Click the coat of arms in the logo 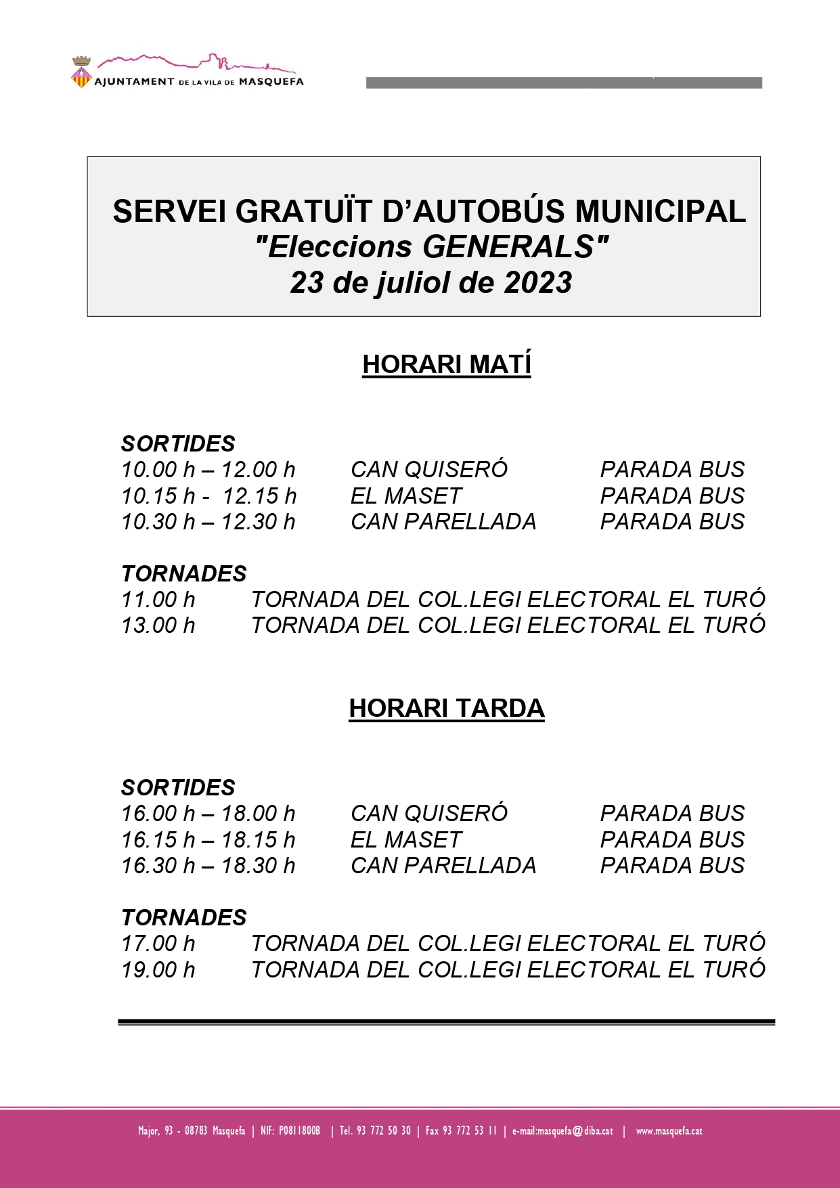tap(81, 73)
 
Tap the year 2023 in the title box tap(538, 283)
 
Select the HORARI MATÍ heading tap(447, 364)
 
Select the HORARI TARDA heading tap(447, 708)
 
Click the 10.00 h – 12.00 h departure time tap(208, 470)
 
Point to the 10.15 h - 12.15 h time tap(208, 496)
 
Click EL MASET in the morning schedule tap(406, 496)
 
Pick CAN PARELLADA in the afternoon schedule tap(443, 866)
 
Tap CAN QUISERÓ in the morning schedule tap(429, 470)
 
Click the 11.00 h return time tap(158, 600)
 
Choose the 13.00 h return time tap(158, 625)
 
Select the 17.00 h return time tap(158, 944)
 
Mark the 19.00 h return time tap(158, 970)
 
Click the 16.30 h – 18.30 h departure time tap(208, 866)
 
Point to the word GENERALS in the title tap(508, 247)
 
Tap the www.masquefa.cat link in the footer tap(669, 1130)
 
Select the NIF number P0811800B tap(299, 1130)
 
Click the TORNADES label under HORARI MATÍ tap(184, 574)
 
